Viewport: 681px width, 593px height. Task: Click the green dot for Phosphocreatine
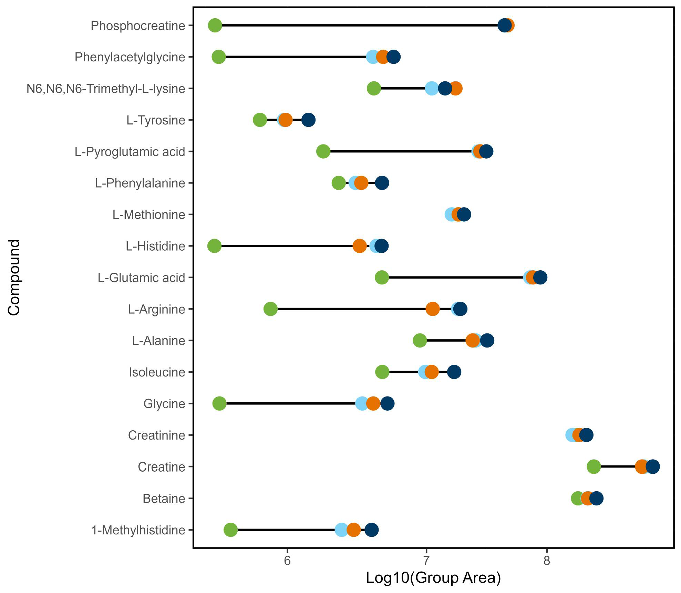point(215,26)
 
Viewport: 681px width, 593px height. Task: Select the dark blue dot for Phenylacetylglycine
point(393,57)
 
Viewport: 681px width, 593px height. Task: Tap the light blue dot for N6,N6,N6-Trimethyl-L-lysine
point(432,89)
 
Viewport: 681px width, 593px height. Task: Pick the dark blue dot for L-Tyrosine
point(308,120)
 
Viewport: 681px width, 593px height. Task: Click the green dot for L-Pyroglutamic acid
point(323,151)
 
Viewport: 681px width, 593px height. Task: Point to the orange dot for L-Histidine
point(359,246)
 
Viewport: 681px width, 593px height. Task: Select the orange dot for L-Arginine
point(432,309)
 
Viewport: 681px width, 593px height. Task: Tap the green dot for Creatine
point(594,467)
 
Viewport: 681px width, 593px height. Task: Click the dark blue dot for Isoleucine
point(454,372)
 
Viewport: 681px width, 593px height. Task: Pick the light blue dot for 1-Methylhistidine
point(341,530)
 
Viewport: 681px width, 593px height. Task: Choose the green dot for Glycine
point(219,403)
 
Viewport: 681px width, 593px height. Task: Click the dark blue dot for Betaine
point(596,498)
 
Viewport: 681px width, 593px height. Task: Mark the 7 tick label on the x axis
point(426,561)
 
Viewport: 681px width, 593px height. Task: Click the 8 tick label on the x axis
point(547,561)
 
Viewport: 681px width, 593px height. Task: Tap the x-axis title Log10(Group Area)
point(433,578)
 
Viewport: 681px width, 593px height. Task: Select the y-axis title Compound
point(14,277)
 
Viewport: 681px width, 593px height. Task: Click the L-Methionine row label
point(149,214)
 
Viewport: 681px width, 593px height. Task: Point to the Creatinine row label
point(156,435)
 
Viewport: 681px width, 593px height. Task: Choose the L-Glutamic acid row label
point(141,278)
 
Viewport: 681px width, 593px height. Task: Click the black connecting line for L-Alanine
point(446,341)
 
